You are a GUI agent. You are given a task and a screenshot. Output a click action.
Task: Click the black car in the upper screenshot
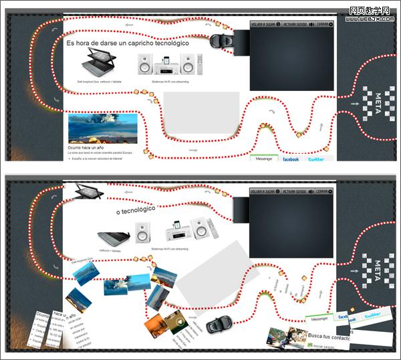click(219, 39)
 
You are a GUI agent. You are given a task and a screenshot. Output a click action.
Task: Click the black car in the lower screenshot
click(218, 326)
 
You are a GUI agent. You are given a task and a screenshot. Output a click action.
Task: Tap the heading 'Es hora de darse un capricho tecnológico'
click(127, 43)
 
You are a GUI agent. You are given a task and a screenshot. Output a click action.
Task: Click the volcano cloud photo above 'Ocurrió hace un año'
click(102, 128)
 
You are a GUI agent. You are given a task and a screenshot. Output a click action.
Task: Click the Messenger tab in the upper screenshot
click(264, 159)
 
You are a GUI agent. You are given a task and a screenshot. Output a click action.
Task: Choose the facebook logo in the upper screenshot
click(291, 159)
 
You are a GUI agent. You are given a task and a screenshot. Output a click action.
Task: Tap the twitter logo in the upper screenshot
click(316, 159)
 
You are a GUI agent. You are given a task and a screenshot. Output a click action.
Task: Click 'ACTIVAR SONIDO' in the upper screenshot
click(297, 23)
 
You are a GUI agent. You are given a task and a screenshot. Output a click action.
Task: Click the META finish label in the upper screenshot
click(378, 104)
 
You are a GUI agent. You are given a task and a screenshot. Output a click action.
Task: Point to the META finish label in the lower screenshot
click(378, 270)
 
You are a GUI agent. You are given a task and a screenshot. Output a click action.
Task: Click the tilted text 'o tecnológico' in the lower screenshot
click(135, 210)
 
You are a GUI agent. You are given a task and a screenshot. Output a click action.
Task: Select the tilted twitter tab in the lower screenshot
click(372, 314)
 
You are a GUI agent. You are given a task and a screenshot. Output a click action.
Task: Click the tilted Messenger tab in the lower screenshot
click(320, 319)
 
